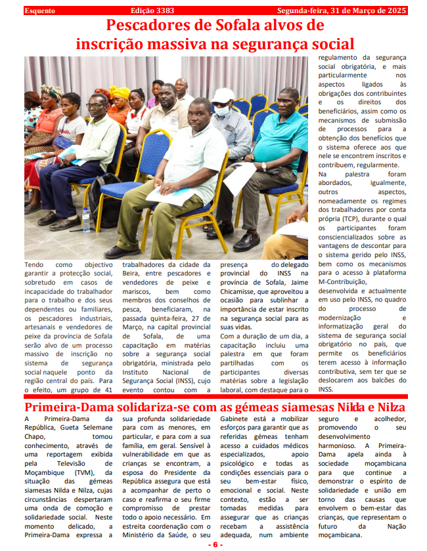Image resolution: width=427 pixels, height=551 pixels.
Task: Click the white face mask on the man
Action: [x=222, y=111]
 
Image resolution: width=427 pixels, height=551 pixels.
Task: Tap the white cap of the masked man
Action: [x=223, y=95]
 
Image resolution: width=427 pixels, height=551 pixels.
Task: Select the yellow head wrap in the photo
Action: [x=120, y=92]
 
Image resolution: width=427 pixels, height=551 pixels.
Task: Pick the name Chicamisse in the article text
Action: [x=239, y=291]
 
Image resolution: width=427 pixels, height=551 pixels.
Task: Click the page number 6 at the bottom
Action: [x=215, y=545]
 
